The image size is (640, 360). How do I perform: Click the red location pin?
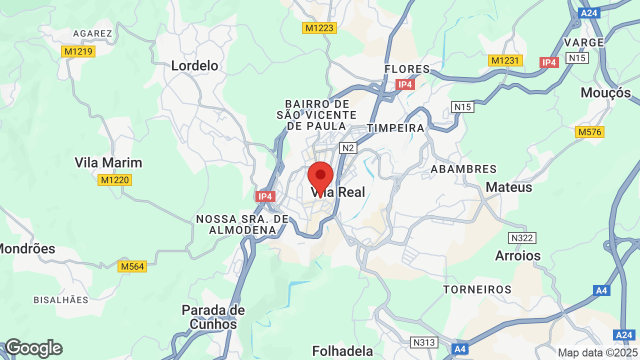320,177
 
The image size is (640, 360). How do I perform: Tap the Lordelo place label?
195,65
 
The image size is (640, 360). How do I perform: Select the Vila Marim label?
108,162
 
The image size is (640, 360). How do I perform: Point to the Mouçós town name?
605,92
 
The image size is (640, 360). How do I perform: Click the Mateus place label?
509,187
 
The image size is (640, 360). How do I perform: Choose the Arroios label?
518,255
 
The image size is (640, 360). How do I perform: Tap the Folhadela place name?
342,350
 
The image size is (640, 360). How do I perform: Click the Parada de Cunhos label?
213,317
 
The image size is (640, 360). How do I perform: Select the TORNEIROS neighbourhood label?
477,289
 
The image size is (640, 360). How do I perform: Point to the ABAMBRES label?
464,169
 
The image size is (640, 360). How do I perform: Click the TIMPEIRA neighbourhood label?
395,128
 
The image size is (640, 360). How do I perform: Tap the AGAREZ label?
92,33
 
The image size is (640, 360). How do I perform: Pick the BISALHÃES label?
61,300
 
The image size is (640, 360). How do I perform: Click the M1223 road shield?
320,28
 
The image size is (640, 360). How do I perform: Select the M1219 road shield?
78,51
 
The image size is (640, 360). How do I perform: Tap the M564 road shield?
132,266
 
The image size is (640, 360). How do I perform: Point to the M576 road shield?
589,132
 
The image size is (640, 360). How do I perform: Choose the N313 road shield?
424,342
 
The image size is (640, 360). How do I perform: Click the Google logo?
33,348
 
